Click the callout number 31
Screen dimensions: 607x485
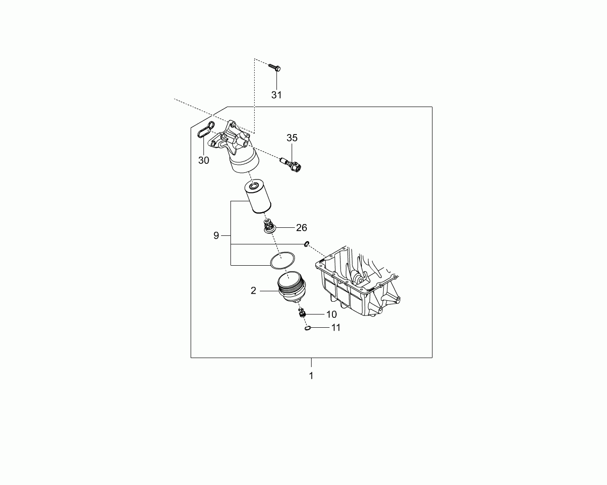click(276, 95)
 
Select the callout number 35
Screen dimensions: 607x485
click(292, 138)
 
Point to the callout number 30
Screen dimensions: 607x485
click(203, 161)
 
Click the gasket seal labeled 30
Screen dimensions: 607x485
click(206, 130)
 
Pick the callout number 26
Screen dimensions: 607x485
click(302, 227)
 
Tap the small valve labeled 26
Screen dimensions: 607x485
click(269, 226)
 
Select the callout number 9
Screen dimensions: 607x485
click(216, 235)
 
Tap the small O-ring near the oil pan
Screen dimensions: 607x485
click(307, 244)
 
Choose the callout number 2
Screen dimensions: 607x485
click(253, 290)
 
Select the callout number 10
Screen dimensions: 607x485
click(331, 314)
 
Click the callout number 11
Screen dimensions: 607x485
click(336, 327)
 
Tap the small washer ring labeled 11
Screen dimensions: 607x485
click(308, 328)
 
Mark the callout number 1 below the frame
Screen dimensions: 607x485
click(311, 376)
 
